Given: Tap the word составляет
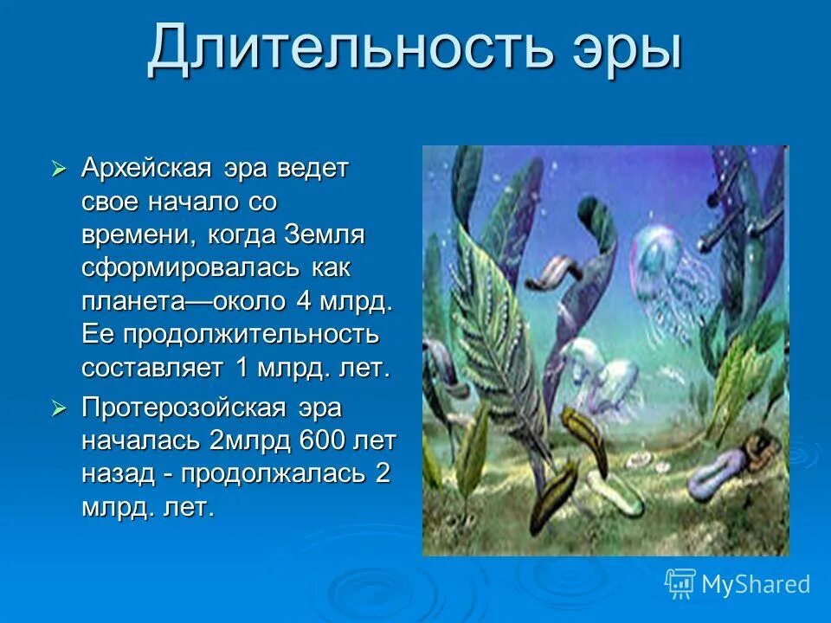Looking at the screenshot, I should click(155, 368).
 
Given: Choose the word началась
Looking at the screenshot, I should click(142, 441).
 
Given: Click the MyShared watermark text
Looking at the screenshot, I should click(755, 584).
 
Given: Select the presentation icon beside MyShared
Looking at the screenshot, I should click(680, 583).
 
